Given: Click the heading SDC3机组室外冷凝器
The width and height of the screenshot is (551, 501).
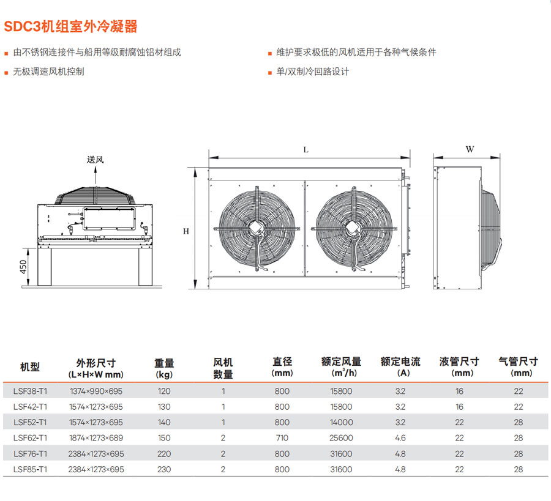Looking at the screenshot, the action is pos(70,27).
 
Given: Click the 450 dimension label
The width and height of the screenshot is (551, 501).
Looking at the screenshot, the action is pos(23,267).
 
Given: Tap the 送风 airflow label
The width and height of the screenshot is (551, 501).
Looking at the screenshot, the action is pos(96,160).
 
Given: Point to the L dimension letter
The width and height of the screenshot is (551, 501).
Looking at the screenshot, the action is pos(305,150).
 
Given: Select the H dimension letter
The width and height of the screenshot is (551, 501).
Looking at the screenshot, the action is pos(186,231).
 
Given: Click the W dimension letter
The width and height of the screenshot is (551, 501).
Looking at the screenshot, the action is pos(470,149).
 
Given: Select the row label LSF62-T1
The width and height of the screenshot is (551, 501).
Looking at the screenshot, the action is pos(30,438).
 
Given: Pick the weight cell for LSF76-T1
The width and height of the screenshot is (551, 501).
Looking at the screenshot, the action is pos(164,454).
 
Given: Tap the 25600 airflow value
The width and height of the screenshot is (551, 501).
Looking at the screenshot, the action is pos(341,438).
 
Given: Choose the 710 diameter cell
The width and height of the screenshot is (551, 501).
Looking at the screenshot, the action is pos(282,438).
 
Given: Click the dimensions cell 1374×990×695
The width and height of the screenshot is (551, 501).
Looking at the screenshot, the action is pos(96,391).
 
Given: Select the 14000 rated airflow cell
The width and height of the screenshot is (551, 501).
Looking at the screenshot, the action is pos(341,422).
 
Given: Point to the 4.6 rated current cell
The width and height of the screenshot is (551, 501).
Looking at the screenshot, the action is pos(400,438).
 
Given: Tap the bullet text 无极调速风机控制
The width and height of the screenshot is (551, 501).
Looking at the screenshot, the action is pos(48,72).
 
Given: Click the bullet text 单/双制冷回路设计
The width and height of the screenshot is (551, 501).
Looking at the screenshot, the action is pos(312,72).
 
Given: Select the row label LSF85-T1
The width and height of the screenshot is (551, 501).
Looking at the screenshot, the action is pos(30,469).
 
